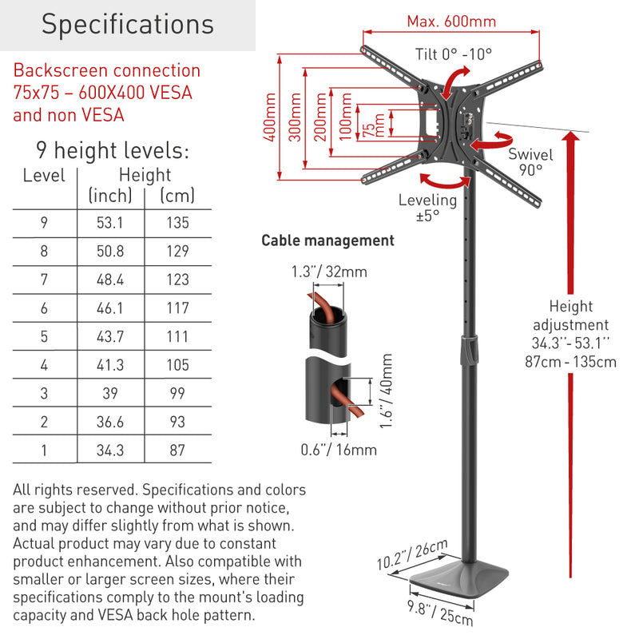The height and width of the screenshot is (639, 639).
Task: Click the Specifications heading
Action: click(128, 24)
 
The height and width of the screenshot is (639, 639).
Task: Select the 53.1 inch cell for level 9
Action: click(110, 223)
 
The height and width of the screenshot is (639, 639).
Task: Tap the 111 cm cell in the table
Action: click(177, 336)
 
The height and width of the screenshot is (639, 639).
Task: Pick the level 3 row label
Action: click(44, 393)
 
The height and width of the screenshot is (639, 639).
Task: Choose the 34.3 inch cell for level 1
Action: click(110, 450)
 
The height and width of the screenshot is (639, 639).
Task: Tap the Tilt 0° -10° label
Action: click(454, 56)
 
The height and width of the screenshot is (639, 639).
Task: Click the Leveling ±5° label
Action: click(427, 208)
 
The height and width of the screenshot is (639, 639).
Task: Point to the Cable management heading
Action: click(328, 240)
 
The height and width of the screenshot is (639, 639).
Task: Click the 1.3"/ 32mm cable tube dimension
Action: click(328, 272)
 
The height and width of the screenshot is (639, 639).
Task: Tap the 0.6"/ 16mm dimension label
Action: click(339, 450)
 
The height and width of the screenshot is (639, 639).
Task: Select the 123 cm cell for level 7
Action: click(177, 280)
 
